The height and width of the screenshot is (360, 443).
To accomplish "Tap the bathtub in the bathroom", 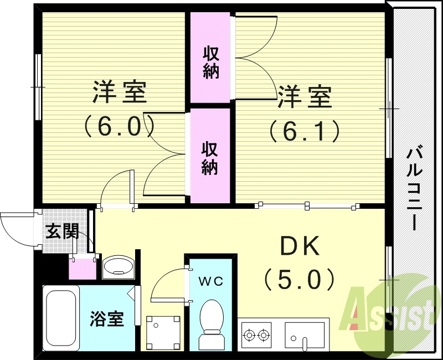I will (61, 316).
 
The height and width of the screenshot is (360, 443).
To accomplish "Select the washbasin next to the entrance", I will (118, 267).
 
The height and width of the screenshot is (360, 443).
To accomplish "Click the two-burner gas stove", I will (256, 335).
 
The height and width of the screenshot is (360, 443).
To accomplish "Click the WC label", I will (211, 281).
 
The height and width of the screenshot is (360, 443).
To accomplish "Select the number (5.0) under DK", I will (299, 279).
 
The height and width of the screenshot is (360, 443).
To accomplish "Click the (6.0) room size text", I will (119, 127).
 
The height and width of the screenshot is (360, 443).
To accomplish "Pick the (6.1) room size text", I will (304, 131).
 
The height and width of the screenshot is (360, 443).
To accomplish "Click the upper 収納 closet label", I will (210, 63).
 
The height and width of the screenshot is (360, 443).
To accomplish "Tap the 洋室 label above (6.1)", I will (304, 98).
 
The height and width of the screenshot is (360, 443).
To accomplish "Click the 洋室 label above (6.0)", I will (119, 92).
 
